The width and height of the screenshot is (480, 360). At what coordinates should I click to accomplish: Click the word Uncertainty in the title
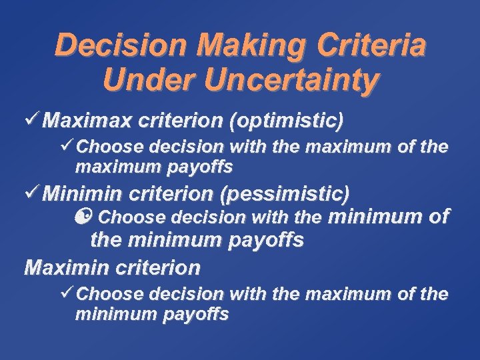point(292,81)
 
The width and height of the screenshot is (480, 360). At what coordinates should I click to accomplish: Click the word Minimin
point(83,194)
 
